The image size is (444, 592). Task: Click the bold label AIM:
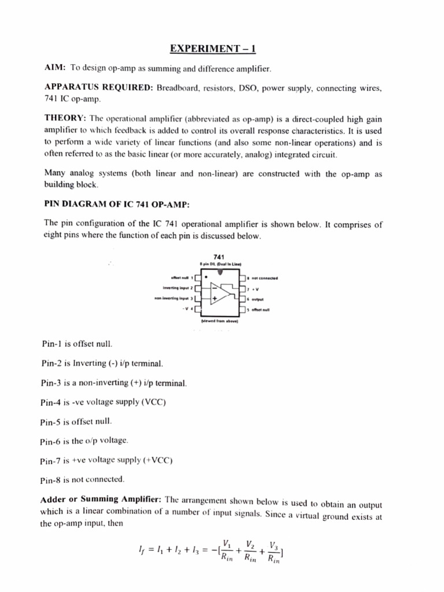coord(55,69)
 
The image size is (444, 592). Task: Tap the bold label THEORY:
coord(65,119)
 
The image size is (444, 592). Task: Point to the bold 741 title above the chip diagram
coord(220,257)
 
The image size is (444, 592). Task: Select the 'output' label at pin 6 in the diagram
coord(257,299)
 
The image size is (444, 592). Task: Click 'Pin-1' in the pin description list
coord(51,343)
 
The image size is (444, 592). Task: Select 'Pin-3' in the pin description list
coord(51,383)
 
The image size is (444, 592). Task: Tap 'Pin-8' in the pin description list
coord(51,480)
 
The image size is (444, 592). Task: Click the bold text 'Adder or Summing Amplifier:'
coord(101,499)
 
